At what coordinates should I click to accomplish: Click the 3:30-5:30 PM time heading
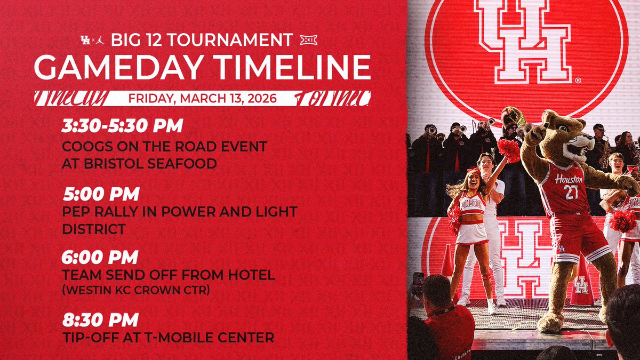tap(123, 126)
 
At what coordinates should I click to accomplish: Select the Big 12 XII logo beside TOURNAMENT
tap(308, 40)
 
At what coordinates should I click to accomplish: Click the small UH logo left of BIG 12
tap(84, 41)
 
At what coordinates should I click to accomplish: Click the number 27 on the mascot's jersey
tap(571, 193)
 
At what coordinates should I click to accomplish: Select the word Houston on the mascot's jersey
tap(569, 179)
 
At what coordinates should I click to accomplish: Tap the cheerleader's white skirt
tap(471, 233)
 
